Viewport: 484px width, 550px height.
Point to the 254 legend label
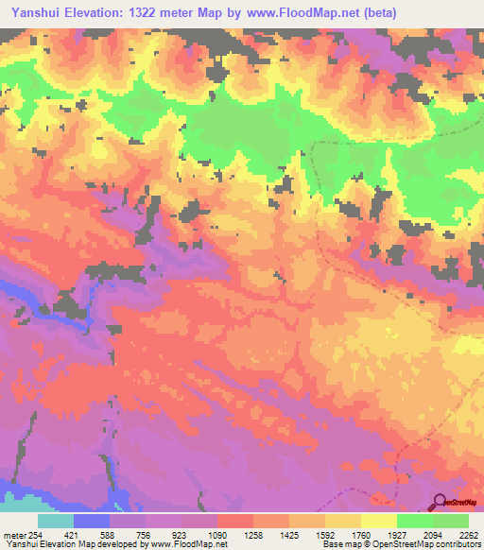[35, 535]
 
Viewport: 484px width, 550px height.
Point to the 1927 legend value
[394, 535]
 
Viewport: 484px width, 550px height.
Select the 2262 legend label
[465, 535]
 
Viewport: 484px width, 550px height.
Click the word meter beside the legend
[13, 535]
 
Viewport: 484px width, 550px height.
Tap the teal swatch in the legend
[56, 521]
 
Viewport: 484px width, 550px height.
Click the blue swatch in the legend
[92, 521]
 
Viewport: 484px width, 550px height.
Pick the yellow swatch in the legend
[378, 521]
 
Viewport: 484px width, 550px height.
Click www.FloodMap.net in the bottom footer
[203, 544]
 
